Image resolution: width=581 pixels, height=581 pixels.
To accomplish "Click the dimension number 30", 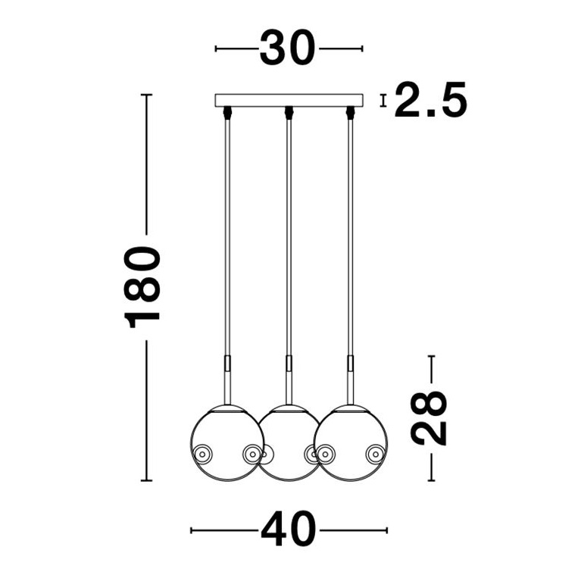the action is point(287,48).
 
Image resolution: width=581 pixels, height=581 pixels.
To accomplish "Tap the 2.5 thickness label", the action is point(430,99).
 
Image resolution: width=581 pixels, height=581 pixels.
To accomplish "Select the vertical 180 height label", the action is point(142,287).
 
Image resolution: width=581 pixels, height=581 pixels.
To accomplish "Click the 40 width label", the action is point(289,529).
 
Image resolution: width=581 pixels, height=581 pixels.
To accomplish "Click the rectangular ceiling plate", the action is point(289,100).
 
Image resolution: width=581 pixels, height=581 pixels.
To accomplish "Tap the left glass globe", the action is point(227,443).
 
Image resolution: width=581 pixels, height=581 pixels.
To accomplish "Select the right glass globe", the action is point(351,443).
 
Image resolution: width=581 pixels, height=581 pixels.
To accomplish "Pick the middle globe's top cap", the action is point(289,408).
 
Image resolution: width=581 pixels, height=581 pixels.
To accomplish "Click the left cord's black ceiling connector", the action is point(227,113).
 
